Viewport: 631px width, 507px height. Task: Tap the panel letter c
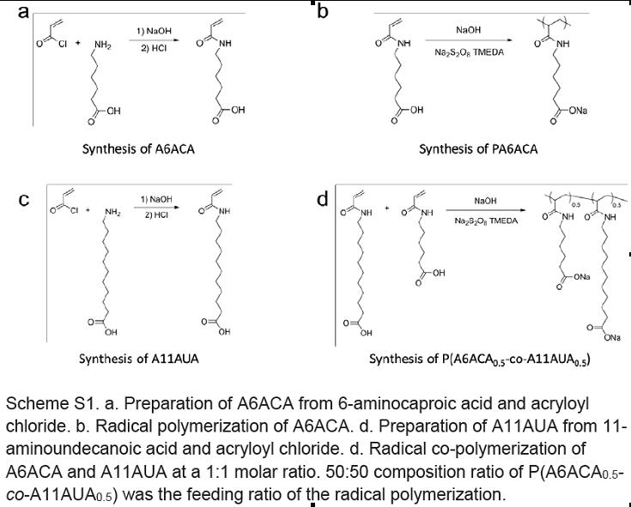[25, 199]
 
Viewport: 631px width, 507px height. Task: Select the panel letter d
[323, 200]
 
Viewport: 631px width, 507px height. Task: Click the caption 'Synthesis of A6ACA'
[138, 148]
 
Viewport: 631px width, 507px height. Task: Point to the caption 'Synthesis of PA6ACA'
[478, 149]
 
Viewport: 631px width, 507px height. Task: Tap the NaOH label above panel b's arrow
[469, 30]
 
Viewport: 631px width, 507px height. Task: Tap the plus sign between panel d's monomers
[387, 208]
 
